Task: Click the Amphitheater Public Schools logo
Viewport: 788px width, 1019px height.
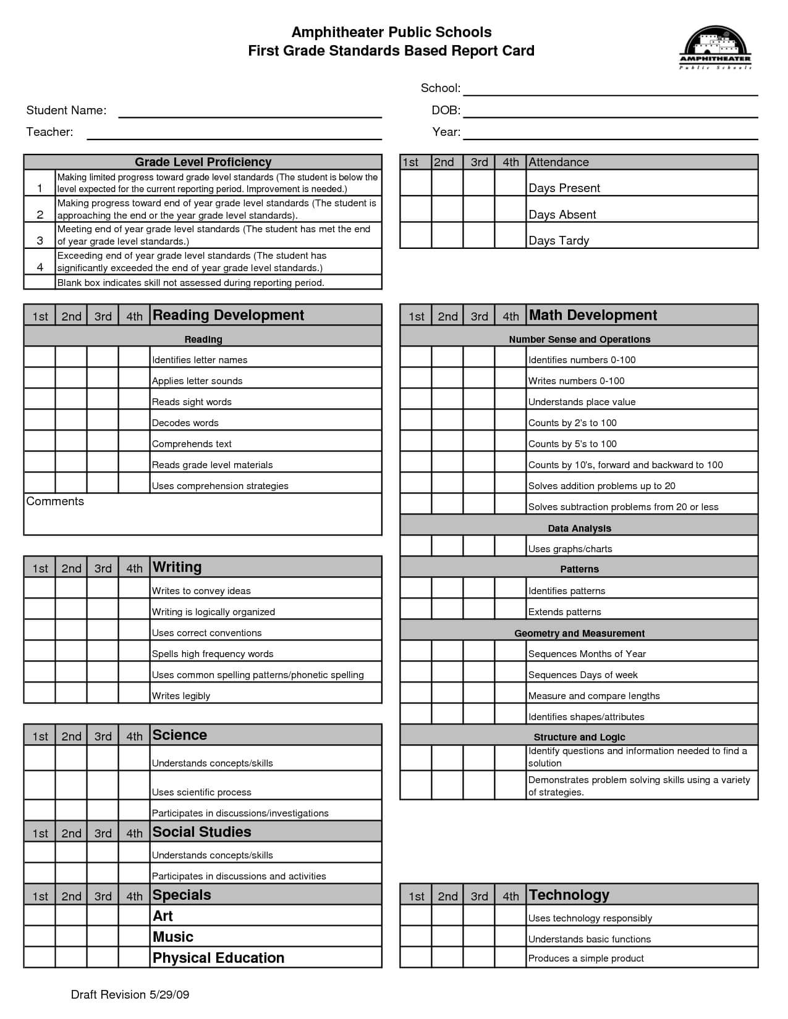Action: (x=716, y=48)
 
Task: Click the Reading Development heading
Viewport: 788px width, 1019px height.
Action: (x=228, y=315)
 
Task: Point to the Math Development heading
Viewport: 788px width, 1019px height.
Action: (x=593, y=315)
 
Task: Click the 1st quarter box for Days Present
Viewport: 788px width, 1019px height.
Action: (x=415, y=183)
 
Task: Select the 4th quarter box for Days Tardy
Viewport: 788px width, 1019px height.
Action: (x=511, y=235)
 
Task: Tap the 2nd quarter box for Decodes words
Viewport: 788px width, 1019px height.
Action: (x=71, y=420)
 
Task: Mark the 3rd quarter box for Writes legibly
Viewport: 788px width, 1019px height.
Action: (x=103, y=693)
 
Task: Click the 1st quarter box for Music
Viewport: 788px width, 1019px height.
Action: (x=40, y=936)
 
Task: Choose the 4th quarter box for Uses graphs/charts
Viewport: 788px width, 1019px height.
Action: (x=511, y=546)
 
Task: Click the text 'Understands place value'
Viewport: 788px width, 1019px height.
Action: (x=582, y=402)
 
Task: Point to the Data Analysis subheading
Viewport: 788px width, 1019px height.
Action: (x=579, y=528)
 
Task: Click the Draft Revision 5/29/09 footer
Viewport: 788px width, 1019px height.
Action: (x=130, y=994)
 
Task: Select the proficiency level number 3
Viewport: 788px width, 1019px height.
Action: (x=40, y=240)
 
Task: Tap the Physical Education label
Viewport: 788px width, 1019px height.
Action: (x=218, y=958)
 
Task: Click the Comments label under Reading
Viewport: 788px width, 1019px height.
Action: (x=55, y=501)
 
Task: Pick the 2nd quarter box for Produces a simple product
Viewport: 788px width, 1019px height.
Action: (x=447, y=957)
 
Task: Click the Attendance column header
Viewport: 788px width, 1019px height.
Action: (x=558, y=162)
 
